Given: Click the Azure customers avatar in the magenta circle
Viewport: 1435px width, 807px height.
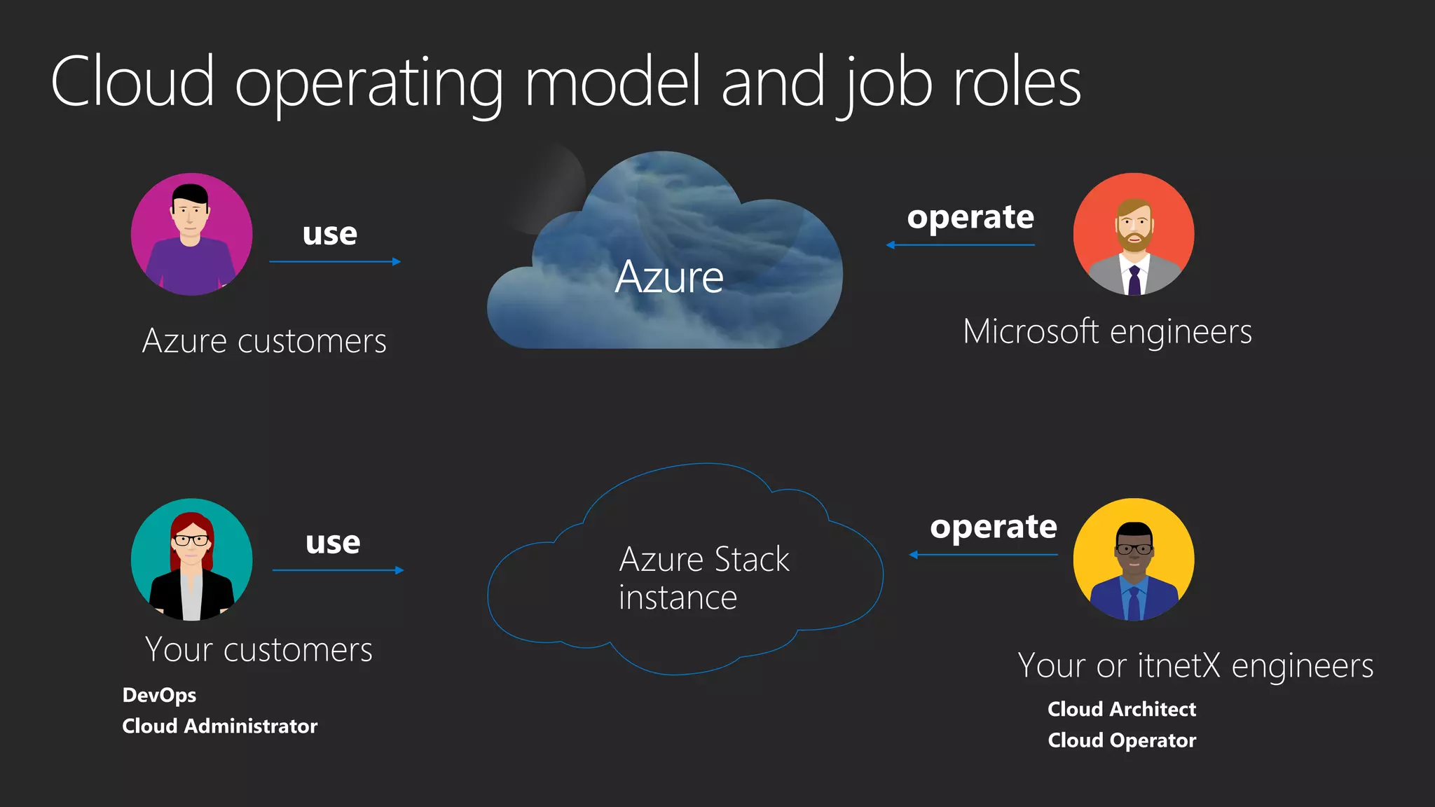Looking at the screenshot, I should click(191, 234).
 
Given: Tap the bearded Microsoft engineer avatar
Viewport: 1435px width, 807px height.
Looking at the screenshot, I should click(1134, 234).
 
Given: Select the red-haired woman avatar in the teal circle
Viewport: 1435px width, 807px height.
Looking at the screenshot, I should click(191, 559).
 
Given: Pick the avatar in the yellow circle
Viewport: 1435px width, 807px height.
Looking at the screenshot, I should click(1134, 559).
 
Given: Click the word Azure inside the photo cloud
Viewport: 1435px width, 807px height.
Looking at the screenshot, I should click(669, 277).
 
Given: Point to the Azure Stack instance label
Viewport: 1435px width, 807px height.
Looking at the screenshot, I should click(703, 578).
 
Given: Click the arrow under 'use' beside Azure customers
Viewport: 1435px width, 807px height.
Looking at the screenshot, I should click(335, 262).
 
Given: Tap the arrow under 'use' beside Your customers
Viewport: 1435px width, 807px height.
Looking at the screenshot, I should click(338, 570).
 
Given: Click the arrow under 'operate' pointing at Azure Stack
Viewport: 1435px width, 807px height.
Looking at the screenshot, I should click(983, 555).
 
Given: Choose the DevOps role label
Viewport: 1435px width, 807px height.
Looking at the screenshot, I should click(159, 695).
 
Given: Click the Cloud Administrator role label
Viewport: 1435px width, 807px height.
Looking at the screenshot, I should click(219, 726).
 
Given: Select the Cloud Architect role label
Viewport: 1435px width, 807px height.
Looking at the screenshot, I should click(1122, 709).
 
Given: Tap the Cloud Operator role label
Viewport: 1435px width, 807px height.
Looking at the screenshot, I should click(1122, 740).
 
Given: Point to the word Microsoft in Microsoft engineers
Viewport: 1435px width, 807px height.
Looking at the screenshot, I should click(1031, 331).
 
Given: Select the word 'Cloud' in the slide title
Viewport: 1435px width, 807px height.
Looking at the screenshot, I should click(132, 82).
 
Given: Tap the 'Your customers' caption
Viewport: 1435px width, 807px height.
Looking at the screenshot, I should click(259, 649).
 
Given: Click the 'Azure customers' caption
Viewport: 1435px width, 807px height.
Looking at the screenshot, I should click(264, 341).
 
